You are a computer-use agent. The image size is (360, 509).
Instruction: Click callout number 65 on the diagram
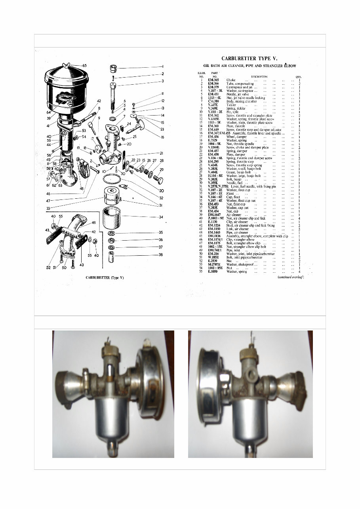coord(84,65)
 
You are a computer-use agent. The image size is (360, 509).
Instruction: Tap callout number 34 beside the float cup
coord(160,217)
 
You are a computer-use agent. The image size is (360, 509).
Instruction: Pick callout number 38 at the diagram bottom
coord(160,255)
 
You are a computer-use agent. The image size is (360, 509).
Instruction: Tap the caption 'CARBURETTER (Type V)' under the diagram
coord(105,278)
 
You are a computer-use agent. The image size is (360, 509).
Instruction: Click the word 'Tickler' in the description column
coord(231,105)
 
